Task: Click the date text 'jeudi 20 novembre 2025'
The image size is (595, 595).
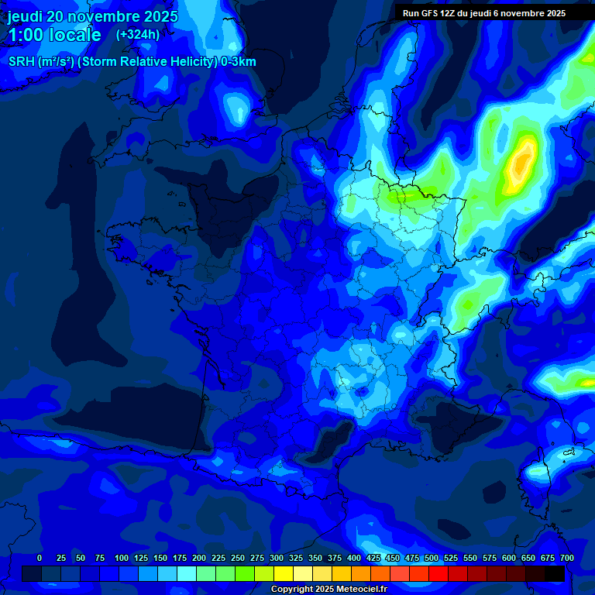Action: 93,16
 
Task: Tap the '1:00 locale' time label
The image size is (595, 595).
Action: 54,35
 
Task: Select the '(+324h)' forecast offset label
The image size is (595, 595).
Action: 138,35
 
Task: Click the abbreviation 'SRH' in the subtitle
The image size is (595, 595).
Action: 21,62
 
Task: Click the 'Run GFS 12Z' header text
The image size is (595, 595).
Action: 431,13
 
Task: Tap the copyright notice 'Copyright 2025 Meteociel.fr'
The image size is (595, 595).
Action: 328,589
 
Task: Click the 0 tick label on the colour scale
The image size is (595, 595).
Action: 40,558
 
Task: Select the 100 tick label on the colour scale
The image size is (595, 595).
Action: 122,558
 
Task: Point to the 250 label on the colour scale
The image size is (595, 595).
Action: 238,558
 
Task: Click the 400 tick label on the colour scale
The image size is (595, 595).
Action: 354,558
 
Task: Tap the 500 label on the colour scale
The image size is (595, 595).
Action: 432,558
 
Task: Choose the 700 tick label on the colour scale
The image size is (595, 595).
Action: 566,558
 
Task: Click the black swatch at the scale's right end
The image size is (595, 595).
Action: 555,573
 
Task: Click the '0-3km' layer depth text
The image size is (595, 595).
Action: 238,62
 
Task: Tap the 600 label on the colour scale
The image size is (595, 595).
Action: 509,558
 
